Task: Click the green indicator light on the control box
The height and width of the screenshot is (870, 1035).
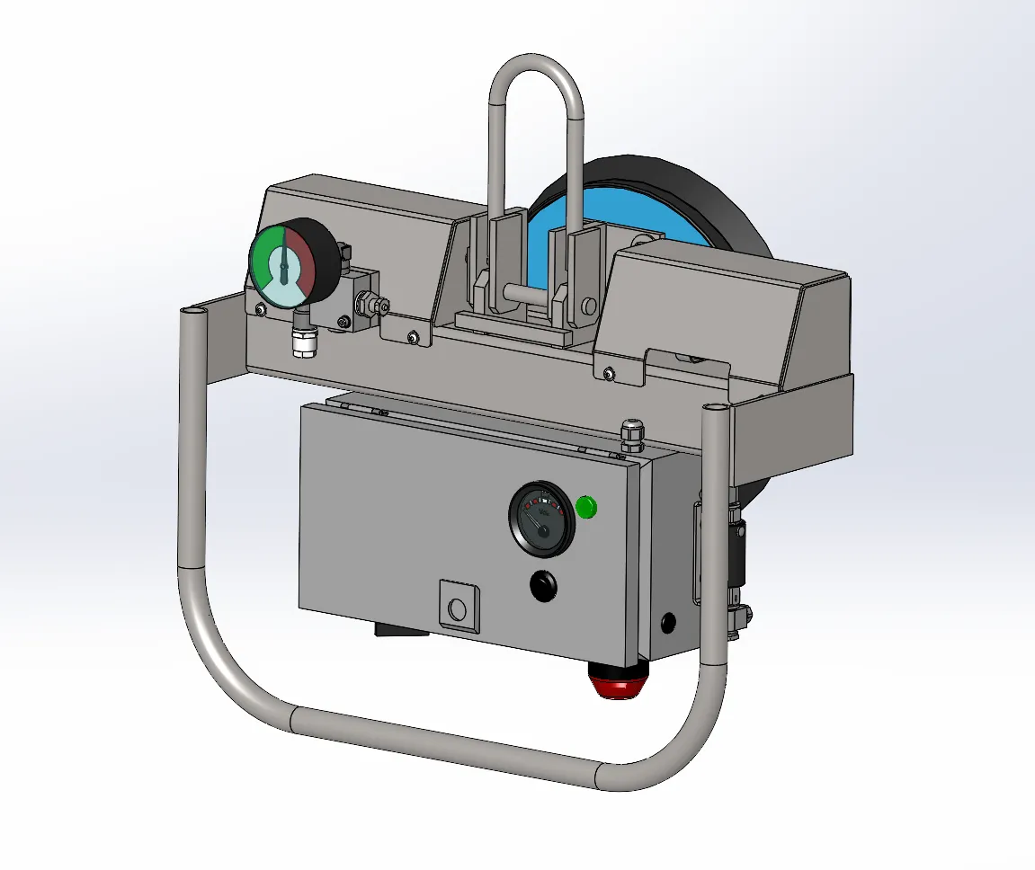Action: (x=585, y=507)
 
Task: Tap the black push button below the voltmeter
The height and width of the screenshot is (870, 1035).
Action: (x=542, y=586)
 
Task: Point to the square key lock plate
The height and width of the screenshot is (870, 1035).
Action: (x=458, y=604)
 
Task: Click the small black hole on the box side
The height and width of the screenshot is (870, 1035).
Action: (x=668, y=620)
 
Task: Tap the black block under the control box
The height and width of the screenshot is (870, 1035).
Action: (x=400, y=630)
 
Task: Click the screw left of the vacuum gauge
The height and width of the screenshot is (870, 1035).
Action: (x=260, y=310)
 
